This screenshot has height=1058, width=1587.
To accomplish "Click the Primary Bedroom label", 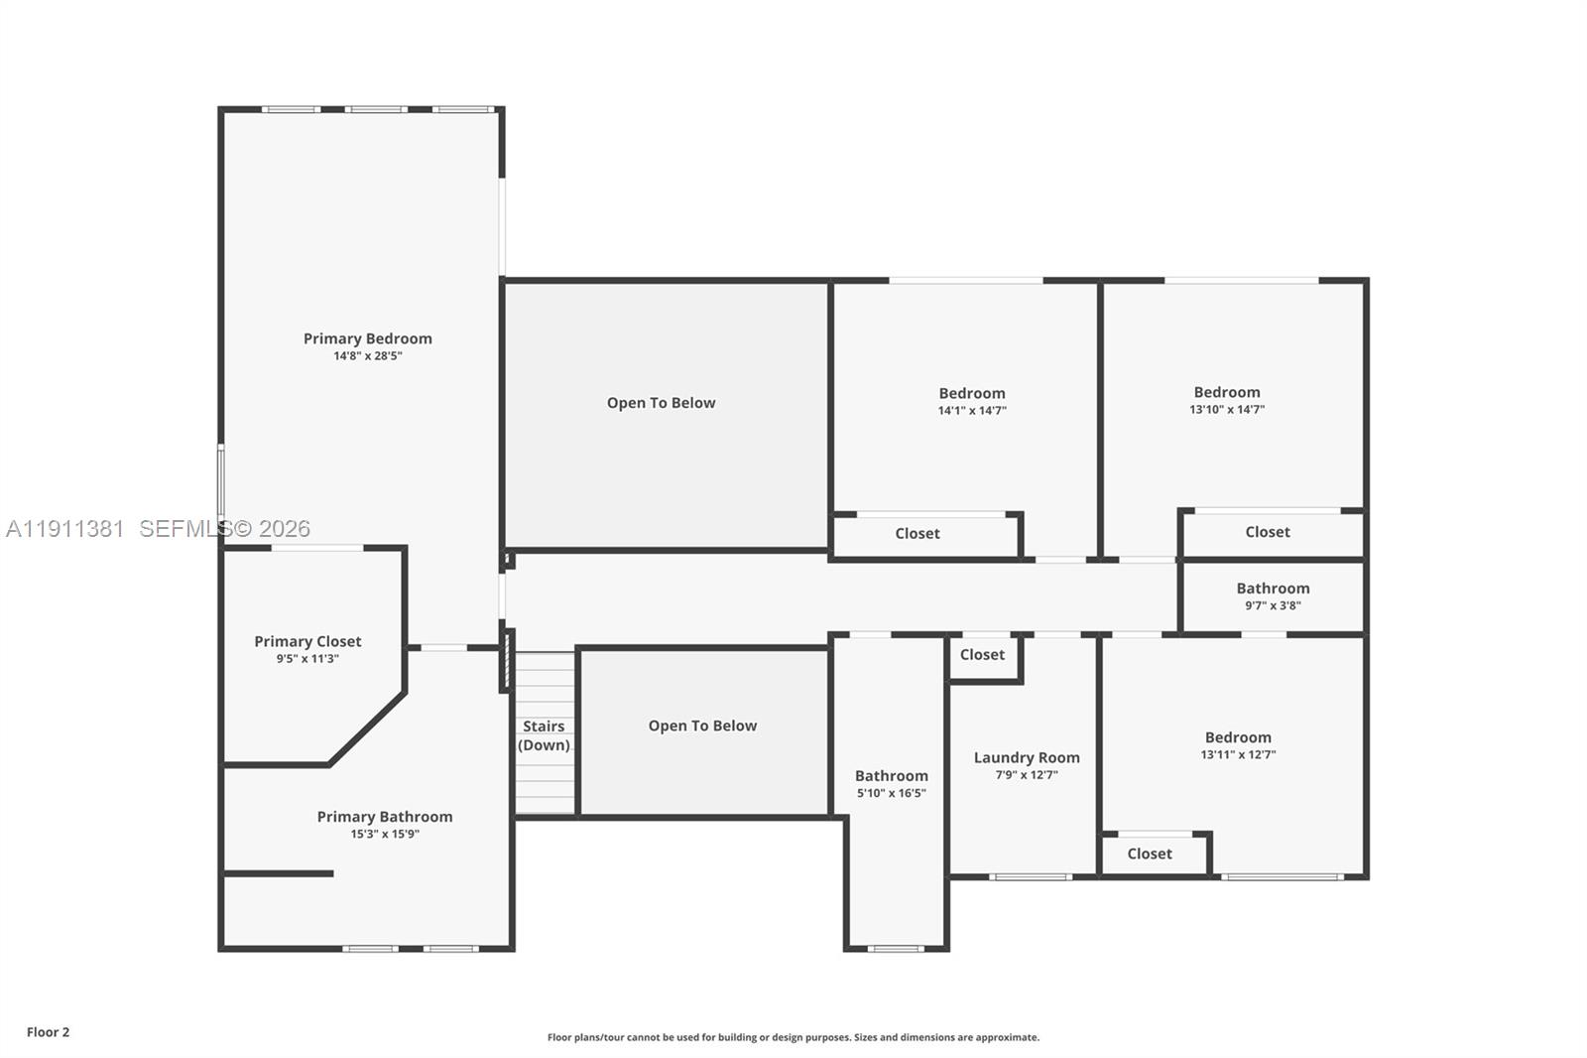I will coord(367,338).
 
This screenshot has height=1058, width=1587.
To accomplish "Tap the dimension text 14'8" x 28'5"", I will coord(367,356).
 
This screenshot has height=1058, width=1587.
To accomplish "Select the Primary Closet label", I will coord(307,641).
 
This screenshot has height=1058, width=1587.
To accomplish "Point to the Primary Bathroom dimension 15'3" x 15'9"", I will coord(385,835).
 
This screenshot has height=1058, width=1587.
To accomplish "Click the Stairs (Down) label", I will coord(544,735).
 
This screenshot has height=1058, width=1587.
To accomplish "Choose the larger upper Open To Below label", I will coord(661,403).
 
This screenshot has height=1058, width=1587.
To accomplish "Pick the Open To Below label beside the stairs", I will coord(702,726).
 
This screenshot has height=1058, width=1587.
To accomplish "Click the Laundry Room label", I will coord(1027,757).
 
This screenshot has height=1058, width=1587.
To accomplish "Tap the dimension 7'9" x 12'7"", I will coord(1027,775).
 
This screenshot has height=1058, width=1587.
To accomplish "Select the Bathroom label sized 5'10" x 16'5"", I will coord(892,776).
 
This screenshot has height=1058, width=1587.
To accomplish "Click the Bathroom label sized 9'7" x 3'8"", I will coord(1273,589).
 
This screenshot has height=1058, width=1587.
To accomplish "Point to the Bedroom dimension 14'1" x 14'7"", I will coord(972,411).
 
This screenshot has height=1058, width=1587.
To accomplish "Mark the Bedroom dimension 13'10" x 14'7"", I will coord(1227,410).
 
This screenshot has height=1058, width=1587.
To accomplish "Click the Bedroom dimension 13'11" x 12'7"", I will coord(1238,755).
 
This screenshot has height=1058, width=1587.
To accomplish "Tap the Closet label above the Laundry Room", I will coord(982,655).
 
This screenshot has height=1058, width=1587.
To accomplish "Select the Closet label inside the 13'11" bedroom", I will coord(1150,854).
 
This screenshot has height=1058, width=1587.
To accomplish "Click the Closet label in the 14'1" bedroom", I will coord(917,534).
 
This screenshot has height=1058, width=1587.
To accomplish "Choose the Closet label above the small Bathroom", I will coord(1268,532).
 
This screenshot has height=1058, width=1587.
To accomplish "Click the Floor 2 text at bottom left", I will coord(48,1032).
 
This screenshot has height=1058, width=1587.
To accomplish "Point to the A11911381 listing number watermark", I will coord(65,529).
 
